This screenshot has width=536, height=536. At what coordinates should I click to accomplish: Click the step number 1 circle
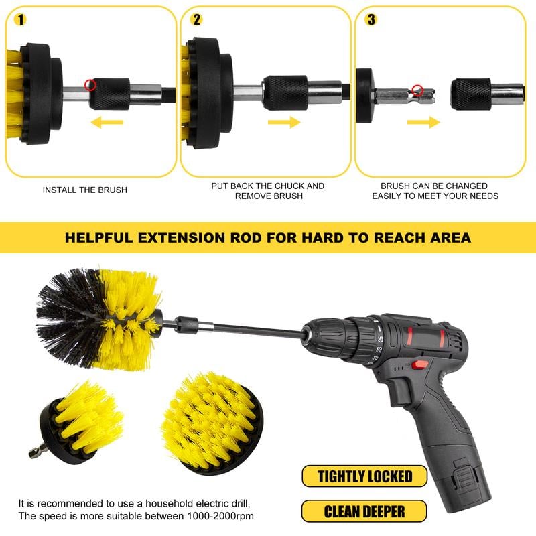coord(22,19)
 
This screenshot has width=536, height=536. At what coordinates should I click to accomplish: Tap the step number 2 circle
coord(196,19)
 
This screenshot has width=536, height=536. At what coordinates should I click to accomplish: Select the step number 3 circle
coord(371,19)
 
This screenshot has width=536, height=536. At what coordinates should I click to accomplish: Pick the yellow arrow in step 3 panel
coord(423,122)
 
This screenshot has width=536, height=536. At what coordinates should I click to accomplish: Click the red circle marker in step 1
coord(90,84)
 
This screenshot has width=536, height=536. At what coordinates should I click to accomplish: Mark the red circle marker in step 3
coord(417,89)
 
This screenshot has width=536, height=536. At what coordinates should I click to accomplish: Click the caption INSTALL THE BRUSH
coord(84,190)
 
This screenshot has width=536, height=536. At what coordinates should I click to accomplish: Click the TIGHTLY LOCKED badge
coord(365,476)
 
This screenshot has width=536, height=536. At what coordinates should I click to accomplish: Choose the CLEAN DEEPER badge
coord(365,511)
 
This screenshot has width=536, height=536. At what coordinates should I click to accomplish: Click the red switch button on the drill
coord(420,364)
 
